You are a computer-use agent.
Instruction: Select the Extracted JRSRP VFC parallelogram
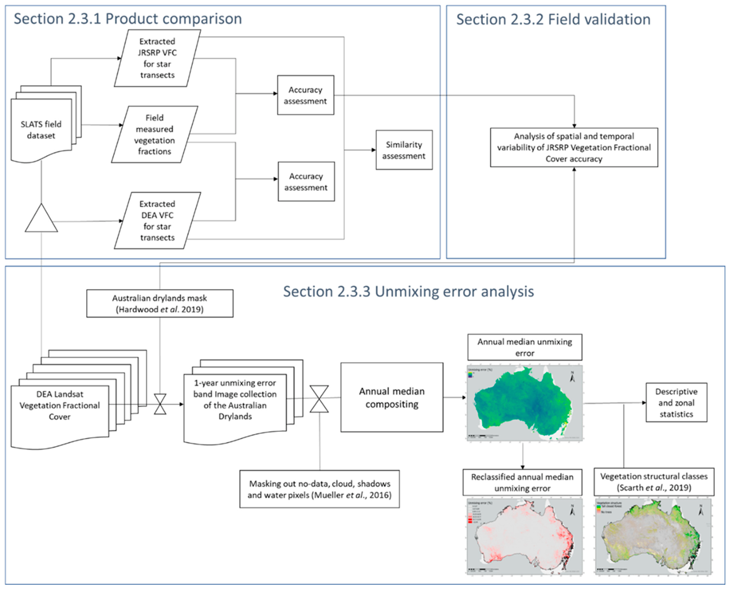click(157, 58)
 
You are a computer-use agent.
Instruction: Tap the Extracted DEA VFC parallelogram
click(157, 221)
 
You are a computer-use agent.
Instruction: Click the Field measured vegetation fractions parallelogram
click(154, 134)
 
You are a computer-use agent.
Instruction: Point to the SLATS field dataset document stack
click(41, 129)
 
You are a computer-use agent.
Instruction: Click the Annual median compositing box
click(392, 397)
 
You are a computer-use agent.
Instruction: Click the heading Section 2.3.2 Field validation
click(553, 19)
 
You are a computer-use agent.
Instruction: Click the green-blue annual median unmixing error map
click(525, 403)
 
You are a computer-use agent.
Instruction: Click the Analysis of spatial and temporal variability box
click(574, 147)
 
